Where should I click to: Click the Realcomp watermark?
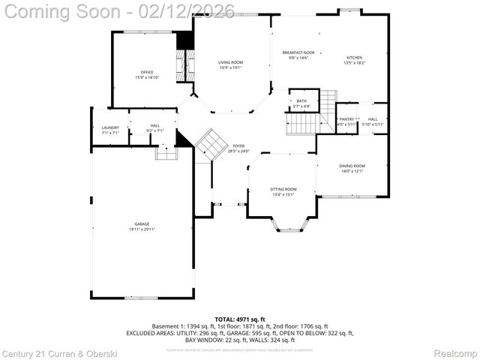click(455, 352)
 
